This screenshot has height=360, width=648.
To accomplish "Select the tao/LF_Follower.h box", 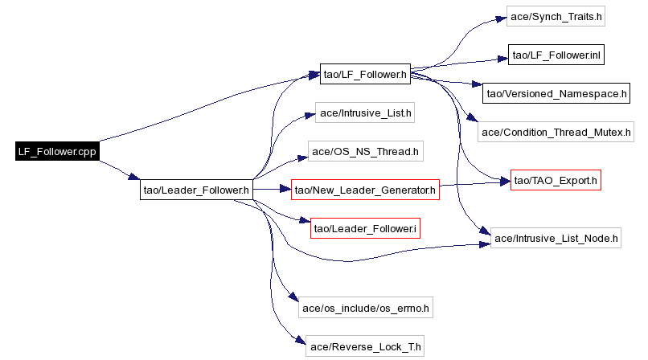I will click(364, 75).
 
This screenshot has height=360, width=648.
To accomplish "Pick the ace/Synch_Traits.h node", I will click(555, 16).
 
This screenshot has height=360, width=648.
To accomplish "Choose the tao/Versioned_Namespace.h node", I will click(556, 93).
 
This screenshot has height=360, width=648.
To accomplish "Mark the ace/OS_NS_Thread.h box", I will click(365, 151).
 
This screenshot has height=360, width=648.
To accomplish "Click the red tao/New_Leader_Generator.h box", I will click(364, 190).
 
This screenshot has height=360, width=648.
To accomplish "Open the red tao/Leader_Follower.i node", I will click(365, 228).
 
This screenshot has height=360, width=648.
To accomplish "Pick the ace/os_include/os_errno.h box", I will click(365, 307).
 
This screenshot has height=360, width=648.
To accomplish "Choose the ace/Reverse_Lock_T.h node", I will click(365, 346).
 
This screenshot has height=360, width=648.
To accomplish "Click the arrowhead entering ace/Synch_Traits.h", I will click(502, 17).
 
